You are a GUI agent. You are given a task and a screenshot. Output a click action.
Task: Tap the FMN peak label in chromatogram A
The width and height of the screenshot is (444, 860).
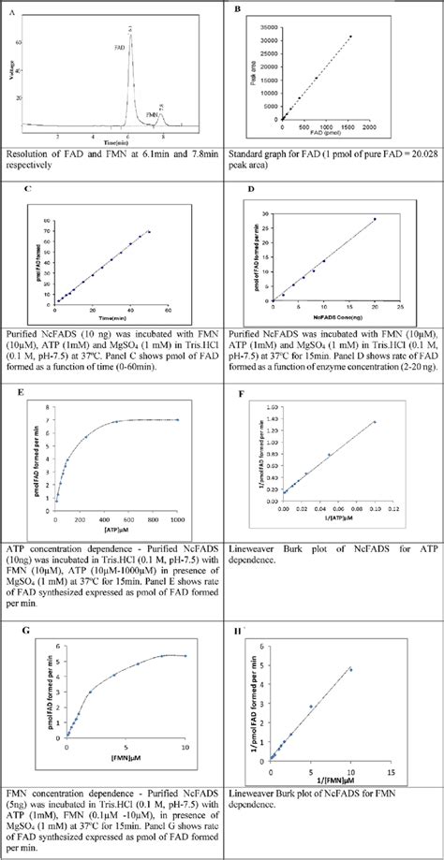[x=152, y=114]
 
